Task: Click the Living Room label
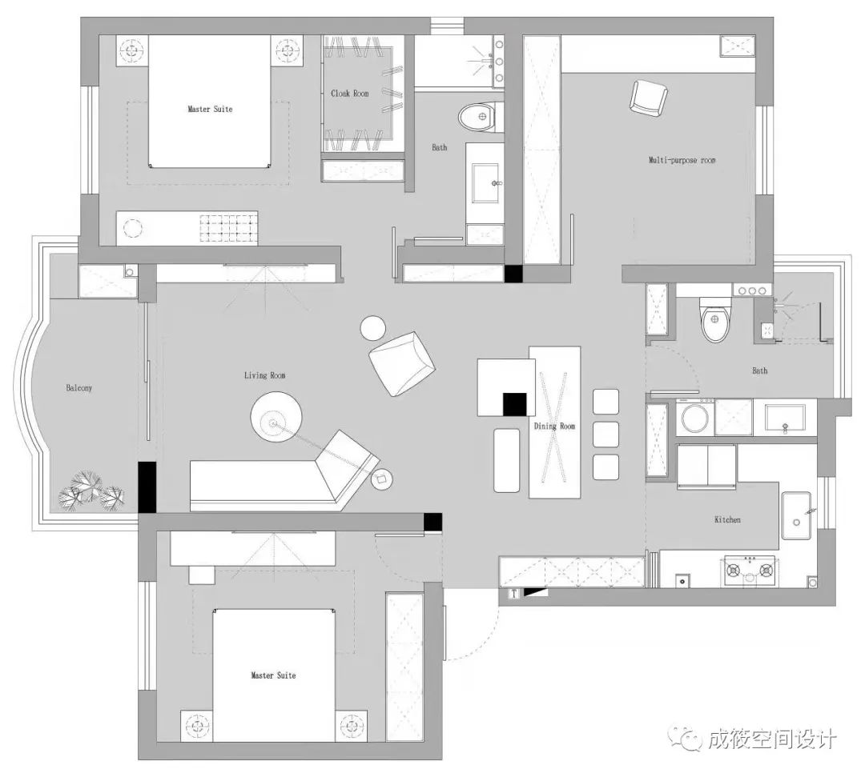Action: (x=264, y=375)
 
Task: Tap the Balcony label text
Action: (x=79, y=388)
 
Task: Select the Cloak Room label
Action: (x=350, y=94)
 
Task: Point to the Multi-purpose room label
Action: (x=682, y=160)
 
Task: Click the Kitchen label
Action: (x=727, y=520)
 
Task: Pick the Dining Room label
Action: (x=555, y=427)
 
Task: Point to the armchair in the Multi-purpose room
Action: (x=648, y=98)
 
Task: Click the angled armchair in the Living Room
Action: (x=402, y=363)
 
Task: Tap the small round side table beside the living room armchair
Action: (x=372, y=328)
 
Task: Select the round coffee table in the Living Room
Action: (x=276, y=417)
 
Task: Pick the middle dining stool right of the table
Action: (x=605, y=435)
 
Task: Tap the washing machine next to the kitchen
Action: (x=693, y=417)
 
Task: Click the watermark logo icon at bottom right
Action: (x=686, y=737)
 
